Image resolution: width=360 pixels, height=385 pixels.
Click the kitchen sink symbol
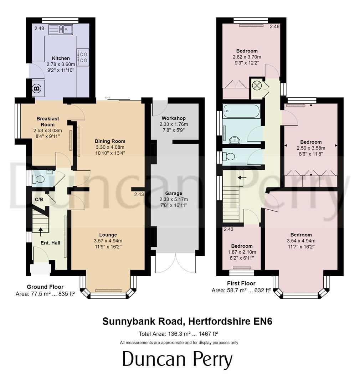(60, 30)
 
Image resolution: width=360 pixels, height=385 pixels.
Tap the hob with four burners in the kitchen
(83, 57)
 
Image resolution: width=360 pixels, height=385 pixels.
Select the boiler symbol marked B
(37, 88)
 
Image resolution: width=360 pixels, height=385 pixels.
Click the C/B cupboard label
(39, 199)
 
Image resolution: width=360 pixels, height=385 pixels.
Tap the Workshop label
(174, 118)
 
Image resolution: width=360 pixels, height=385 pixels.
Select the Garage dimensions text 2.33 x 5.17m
(174, 199)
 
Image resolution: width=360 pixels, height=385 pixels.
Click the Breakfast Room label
(48, 122)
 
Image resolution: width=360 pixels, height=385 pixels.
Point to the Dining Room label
(110, 141)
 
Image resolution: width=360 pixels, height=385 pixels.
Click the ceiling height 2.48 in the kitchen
(39, 28)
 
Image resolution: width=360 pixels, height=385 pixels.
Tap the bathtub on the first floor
(241, 111)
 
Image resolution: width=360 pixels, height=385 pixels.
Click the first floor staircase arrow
(242, 177)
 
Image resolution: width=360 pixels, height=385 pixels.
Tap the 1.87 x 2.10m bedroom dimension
(242, 252)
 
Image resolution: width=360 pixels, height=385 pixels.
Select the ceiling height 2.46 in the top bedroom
(274, 26)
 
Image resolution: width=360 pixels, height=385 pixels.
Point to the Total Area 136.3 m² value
(179, 334)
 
